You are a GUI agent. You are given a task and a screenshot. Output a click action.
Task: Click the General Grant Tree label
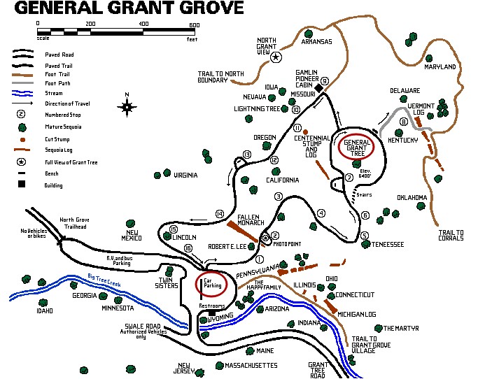click(357, 146)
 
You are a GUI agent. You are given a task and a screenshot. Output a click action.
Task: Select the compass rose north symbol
click(127, 106)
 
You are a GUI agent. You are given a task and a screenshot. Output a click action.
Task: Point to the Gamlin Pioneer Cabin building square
click(318, 89)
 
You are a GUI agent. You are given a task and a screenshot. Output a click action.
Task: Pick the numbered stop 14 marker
click(219, 213)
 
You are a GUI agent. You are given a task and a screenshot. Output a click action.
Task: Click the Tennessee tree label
click(387, 245)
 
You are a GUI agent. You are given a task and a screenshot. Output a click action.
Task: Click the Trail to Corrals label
click(451, 236)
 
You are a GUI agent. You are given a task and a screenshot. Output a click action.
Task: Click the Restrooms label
click(211, 306)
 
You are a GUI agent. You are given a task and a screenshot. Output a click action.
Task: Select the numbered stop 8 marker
click(403, 122)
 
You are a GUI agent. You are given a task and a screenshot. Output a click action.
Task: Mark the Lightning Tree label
click(258, 109)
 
